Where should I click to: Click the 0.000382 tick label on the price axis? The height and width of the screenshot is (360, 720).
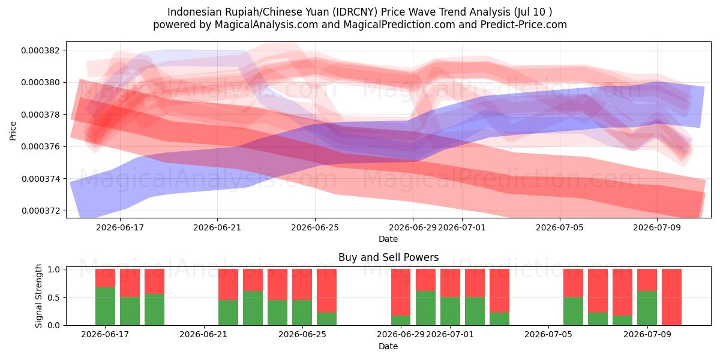40,50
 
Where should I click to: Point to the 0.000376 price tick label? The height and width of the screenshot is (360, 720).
40,146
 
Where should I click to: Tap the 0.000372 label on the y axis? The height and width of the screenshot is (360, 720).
41,211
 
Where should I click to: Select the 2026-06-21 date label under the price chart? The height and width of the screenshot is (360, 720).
217,227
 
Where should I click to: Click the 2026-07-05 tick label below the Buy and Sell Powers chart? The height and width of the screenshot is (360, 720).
548,335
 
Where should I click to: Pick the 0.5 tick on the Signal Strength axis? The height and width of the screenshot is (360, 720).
53,298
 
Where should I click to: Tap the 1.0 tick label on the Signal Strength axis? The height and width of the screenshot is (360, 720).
53,269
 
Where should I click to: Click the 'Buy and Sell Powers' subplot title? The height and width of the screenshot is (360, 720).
388,257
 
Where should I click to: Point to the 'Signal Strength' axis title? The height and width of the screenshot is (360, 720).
38,296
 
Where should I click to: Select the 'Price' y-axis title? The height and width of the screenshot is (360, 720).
13,131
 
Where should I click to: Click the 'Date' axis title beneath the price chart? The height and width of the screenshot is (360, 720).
388,239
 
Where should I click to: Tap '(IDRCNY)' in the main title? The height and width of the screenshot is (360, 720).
355,12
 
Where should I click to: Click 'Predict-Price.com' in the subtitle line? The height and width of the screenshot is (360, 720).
524,25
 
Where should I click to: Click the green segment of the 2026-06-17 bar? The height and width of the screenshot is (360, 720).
105,307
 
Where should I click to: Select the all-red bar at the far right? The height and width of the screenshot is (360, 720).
671,297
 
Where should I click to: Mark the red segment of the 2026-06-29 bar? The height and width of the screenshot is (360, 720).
401,292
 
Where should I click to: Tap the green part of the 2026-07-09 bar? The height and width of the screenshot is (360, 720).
647,308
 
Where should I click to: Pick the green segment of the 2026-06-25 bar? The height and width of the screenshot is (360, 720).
302,313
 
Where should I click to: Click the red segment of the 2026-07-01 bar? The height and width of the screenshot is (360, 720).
450,283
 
